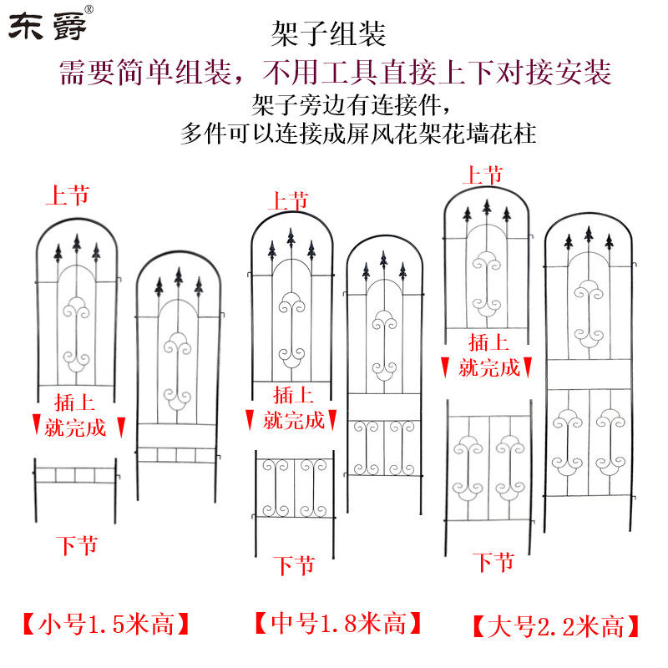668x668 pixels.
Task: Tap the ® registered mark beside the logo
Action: [x=89, y=9]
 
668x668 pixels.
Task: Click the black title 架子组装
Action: [x=328, y=34]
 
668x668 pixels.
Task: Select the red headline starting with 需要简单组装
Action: [x=335, y=72]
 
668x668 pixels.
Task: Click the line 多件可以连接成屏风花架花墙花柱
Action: [x=358, y=133]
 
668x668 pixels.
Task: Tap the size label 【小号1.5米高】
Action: [x=106, y=623]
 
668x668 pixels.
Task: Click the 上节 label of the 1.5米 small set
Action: [x=67, y=197]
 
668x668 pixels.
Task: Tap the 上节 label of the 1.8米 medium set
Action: [x=288, y=200]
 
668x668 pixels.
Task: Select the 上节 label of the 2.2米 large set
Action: [x=483, y=175]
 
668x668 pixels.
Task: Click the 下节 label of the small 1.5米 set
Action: [x=77, y=547]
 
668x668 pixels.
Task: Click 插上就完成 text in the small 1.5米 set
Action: [x=76, y=414]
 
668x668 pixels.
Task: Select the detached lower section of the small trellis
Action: [x=74, y=481]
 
